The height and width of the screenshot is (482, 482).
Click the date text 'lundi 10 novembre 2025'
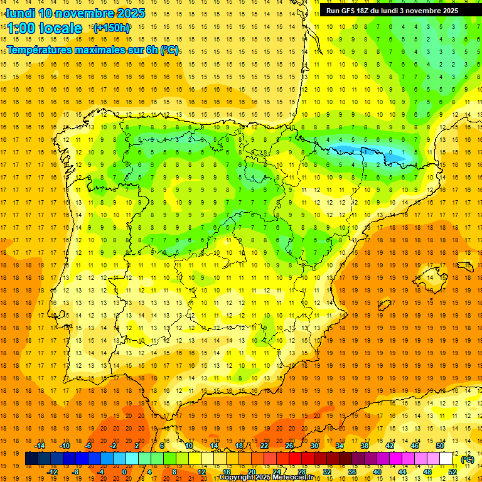point(75,13)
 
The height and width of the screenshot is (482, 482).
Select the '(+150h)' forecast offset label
point(111,28)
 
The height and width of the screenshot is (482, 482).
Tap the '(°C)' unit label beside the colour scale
point(467,459)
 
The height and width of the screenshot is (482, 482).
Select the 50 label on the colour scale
point(439,445)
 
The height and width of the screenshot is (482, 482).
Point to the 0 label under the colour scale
point(124,472)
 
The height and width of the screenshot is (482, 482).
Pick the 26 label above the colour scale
point(289,445)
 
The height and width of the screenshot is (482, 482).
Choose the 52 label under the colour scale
point(453,472)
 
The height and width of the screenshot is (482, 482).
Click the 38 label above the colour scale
point(364,445)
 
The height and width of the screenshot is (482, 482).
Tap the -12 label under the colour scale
point(52,472)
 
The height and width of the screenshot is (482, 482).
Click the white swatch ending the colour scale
point(446,459)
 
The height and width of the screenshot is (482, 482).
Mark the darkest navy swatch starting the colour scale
point(31,459)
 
